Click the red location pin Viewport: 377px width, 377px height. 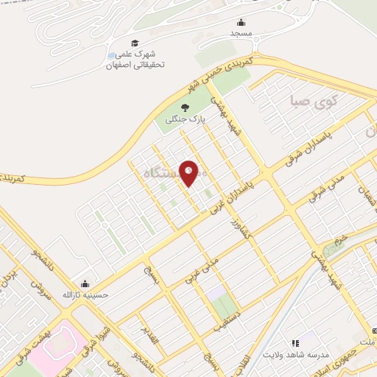(x=189, y=172)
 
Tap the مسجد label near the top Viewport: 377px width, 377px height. (x=240, y=34)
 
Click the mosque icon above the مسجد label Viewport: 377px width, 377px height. (x=241, y=22)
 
